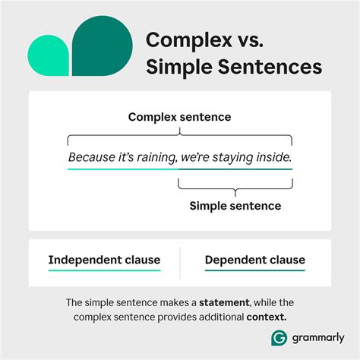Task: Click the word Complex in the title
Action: click(183, 39)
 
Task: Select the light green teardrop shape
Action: click(48, 55)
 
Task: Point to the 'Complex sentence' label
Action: click(179, 117)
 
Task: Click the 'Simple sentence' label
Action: click(235, 206)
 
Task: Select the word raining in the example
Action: click(166, 157)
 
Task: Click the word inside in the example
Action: click(273, 157)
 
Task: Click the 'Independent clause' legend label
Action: click(104, 260)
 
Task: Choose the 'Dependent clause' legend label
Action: click(254, 260)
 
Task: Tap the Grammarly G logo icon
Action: click(278, 336)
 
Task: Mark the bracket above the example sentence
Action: click(179, 137)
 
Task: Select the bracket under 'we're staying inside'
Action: click(235, 184)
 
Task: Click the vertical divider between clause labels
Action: click(180, 262)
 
